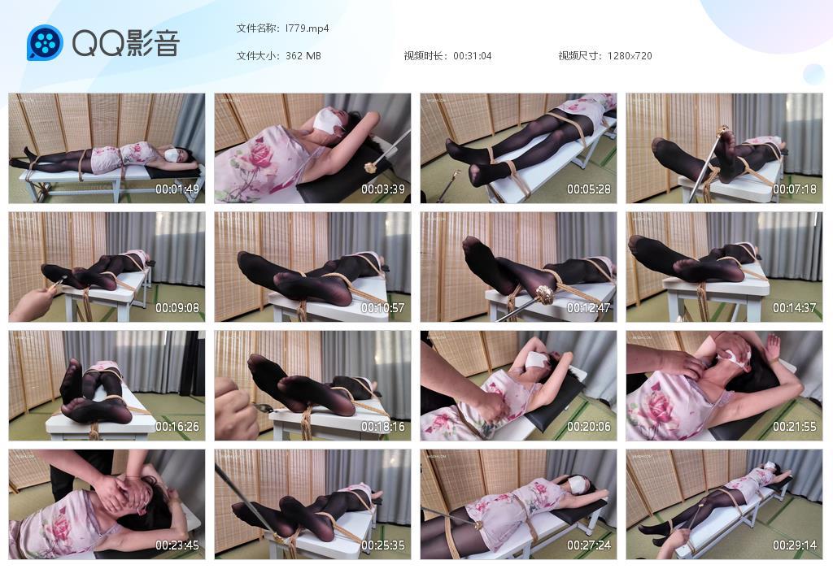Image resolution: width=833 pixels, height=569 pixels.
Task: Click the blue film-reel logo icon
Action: tap(45, 42)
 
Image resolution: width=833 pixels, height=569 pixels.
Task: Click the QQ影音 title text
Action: tap(125, 43)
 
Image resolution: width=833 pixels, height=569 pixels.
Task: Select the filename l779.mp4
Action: tap(307, 28)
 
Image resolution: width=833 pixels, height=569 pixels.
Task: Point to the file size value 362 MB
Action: tap(303, 56)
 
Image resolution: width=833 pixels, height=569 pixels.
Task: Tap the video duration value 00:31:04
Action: tap(472, 56)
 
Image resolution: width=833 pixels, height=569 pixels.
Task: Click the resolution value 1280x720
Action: tap(630, 56)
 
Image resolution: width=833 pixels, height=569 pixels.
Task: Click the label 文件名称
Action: tap(257, 28)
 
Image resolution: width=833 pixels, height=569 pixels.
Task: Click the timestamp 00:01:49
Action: tap(177, 189)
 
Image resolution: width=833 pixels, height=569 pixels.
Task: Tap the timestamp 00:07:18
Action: tap(794, 189)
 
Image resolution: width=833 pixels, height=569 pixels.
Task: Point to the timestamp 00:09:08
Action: tap(177, 308)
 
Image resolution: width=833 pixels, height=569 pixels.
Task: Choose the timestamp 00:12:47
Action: tap(589, 308)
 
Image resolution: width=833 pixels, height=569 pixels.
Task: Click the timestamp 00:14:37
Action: tap(794, 308)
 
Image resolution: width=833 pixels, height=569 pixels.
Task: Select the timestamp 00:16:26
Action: tap(177, 427)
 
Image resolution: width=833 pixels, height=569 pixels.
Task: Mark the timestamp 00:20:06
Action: tap(589, 427)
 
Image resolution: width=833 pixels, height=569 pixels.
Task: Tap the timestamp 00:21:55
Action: tap(794, 427)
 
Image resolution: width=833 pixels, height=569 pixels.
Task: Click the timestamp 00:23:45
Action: tap(177, 545)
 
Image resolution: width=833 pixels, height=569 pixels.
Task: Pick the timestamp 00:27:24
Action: tap(589, 545)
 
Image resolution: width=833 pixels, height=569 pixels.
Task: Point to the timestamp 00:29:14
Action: tap(794, 545)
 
